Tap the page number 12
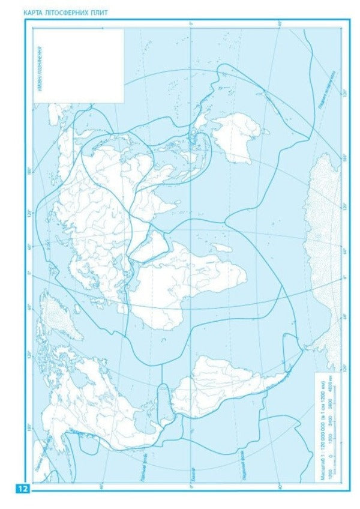click(23, 489)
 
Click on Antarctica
click(324, 252)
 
